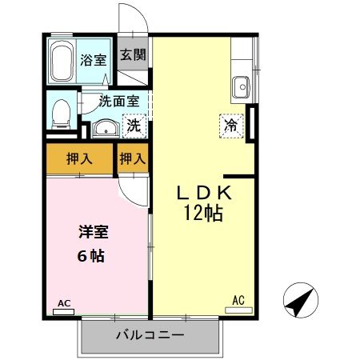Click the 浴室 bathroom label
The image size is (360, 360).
pyautogui.click(x=92, y=59)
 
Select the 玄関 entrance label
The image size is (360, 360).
pyautogui.click(x=134, y=56)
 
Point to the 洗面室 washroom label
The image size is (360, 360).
pyautogui.click(x=119, y=102)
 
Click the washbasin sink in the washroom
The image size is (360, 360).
pyautogui.click(x=103, y=127)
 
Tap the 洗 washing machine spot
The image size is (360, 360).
pyautogui.click(x=135, y=126)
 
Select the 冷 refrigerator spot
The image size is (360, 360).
pyautogui.click(x=230, y=125)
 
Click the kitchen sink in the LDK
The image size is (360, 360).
pyautogui.click(x=241, y=84)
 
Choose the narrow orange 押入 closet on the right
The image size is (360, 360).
pyautogui.click(x=133, y=158)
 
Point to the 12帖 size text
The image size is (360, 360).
pyautogui.click(x=202, y=214)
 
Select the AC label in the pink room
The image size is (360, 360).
pyautogui.click(x=64, y=303)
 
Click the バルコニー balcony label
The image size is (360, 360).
pyautogui.click(x=150, y=334)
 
